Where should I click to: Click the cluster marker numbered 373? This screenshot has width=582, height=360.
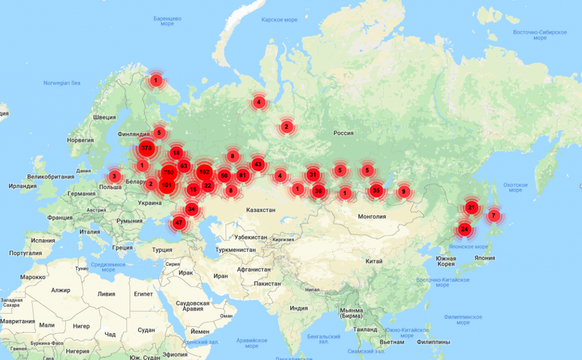pyautogui.click(x=146, y=148)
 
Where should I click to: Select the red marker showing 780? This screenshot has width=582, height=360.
pyautogui.click(x=168, y=172)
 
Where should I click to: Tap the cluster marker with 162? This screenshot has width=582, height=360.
pyautogui.click(x=205, y=172)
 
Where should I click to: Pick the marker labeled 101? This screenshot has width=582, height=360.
pyautogui.click(x=167, y=185)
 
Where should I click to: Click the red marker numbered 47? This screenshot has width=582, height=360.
pyautogui.click(x=180, y=223)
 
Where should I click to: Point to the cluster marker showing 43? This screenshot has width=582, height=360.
pyautogui.click(x=258, y=164)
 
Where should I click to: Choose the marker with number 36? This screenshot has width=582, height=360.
pyautogui.click(x=318, y=191)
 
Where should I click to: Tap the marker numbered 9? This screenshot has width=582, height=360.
pyautogui.click(x=404, y=192)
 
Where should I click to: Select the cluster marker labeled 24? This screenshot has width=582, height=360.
pyautogui.click(x=464, y=230)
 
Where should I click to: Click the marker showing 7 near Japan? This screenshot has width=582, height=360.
pyautogui.click(x=493, y=216)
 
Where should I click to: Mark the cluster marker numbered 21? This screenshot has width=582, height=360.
pyautogui.click(x=471, y=208)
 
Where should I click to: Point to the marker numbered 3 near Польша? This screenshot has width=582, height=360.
pyautogui.click(x=114, y=176)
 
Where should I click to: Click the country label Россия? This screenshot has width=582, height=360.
pyautogui.click(x=343, y=133)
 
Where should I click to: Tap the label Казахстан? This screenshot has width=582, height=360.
pyautogui.click(x=261, y=210)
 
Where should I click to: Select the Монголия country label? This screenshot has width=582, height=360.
pyautogui.click(x=372, y=216)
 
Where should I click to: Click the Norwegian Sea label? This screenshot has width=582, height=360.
pyautogui.click(x=62, y=83)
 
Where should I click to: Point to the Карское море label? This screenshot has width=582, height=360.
pyautogui.click(x=279, y=20)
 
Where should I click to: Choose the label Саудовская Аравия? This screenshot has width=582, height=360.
pyautogui.click(x=193, y=307)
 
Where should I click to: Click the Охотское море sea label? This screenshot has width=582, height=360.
pyautogui.click(x=515, y=187)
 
